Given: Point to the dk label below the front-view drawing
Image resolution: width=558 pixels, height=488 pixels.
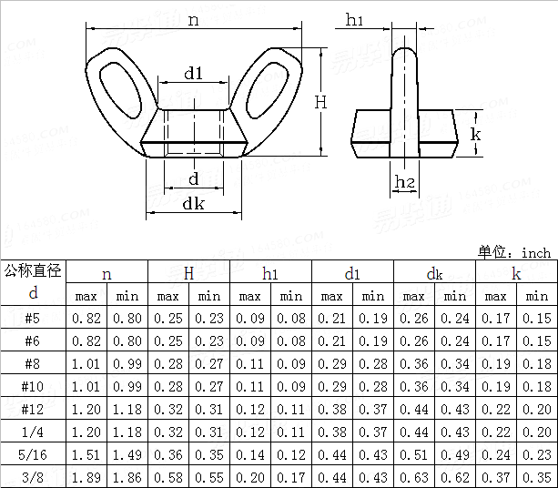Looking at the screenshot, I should pyautogui.click(x=193, y=204).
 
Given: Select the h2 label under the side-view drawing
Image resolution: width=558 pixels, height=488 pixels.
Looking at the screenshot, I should pyautogui.click(x=405, y=184).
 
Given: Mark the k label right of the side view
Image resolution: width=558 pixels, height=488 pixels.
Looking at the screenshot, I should pyautogui.click(x=474, y=134).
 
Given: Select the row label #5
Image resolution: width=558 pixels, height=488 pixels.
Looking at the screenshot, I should pyautogui.click(x=33, y=319).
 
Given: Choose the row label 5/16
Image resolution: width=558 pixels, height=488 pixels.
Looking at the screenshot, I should pyautogui.click(x=33, y=455).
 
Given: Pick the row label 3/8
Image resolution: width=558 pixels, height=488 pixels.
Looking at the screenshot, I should pyautogui.click(x=33, y=478).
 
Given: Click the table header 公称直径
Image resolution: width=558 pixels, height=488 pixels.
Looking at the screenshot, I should pyautogui.click(x=33, y=270).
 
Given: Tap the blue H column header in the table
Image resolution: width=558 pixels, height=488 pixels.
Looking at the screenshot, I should pyautogui.click(x=188, y=272).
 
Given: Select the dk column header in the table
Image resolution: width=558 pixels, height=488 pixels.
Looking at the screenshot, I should pyautogui.click(x=434, y=272).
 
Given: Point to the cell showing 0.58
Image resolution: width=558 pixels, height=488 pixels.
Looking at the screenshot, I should pyautogui.click(x=167, y=478).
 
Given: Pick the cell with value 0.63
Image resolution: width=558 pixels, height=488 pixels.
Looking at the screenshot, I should pyautogui.click(x=413, y=478).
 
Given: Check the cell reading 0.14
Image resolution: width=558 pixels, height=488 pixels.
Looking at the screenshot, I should pyautogui.click(x=249, y=455).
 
